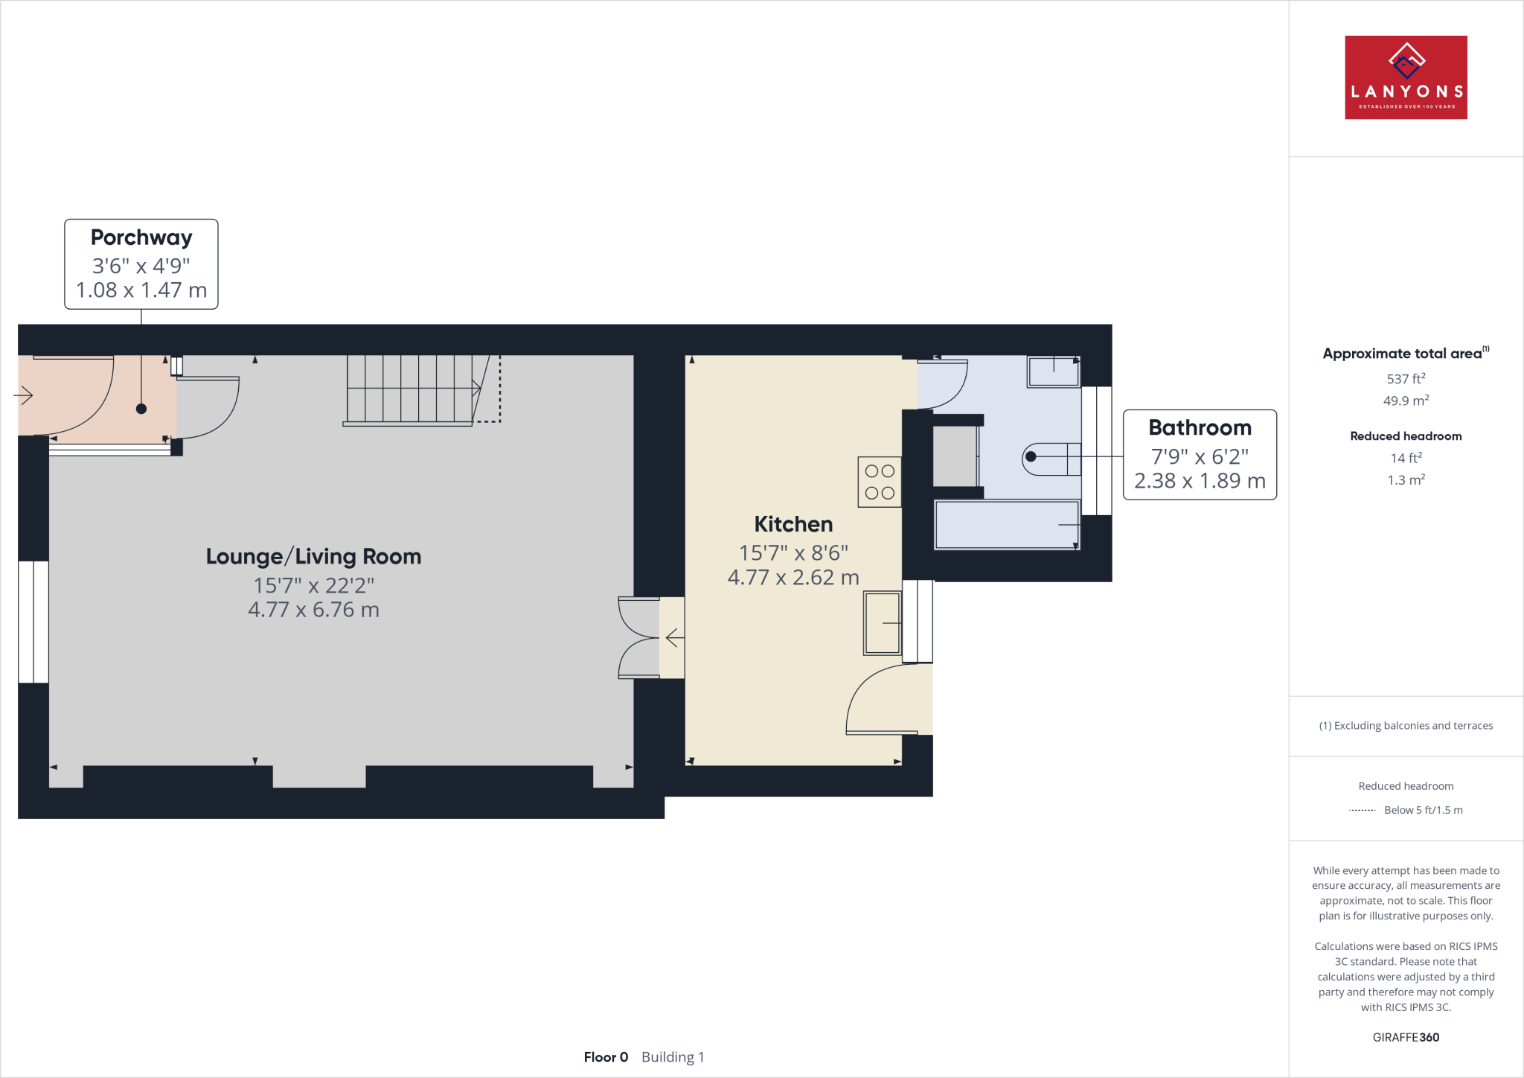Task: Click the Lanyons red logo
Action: pyautogui.click(x=1406, y=77)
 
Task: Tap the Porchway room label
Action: pyautogui.click(x=141, y=237)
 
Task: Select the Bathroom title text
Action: pyautogui.click(x=1200, y=427)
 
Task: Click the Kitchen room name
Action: pyautogui.click(x=793, y=524)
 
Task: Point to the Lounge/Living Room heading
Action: pyautogui.click(x=313, y=556)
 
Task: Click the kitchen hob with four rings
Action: pyautogui.click(x=880, y=482)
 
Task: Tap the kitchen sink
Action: pyautogui.click(x=883, y=622)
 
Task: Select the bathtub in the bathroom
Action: pyautogui.click(x=1006, y=525)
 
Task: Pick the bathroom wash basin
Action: pyautogui.click(x=1053, y=371)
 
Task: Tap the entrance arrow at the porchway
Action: pyautogui.click(x=25, y=395)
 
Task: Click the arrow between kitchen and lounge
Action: pyautogui.click(x=674, y=638)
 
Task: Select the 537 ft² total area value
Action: pyautogui.click(x=1406, y=379)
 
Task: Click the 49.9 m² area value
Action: pyautogui.click(x=1406, y=401)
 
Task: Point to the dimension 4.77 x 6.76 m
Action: pyautogui.click(x=313, y=610)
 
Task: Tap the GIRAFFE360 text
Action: pyautogui.click(x=1406, y=1037)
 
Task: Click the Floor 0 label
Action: pyautogui.click(x=606, y=1057)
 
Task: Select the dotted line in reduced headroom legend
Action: pyautogui.click(x=1362, y=810)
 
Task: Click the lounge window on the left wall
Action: pyautogui.click(x=33, y=622)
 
